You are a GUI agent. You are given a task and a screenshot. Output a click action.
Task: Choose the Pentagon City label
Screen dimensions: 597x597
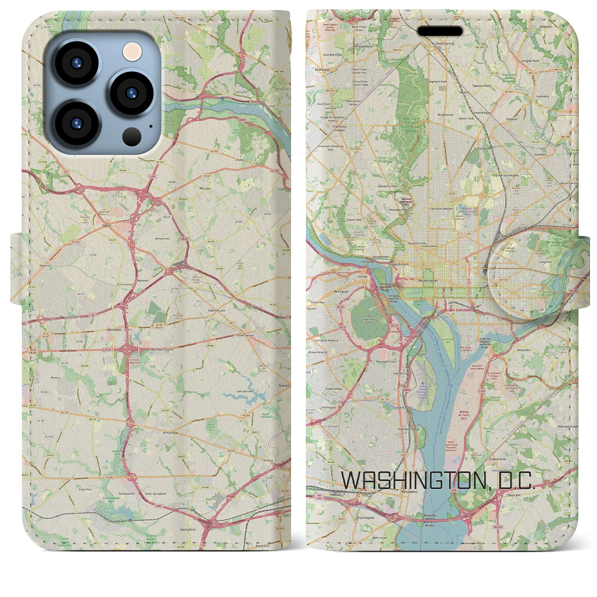click(x=386, y=361)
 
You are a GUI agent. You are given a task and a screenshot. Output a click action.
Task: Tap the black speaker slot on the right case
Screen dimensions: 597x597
click(x=440, y=31)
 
